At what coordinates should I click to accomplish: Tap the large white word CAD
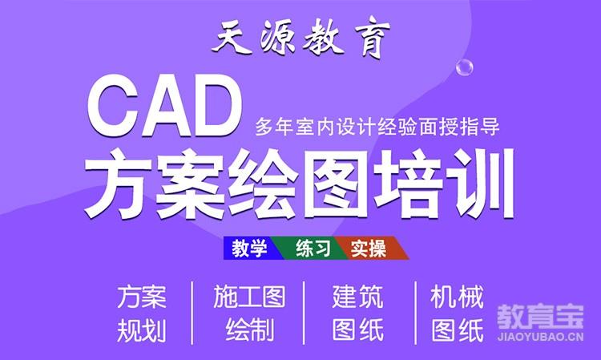point(166,106)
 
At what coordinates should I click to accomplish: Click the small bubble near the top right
point(464,67)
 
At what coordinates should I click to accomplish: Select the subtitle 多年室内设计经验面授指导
point(377,127)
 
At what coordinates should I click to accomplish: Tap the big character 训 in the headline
point(482,184)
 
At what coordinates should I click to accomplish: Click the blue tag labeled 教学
point(249,248)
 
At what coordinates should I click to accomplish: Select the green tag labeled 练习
point(313,248)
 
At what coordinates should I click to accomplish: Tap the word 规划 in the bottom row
point(142,330)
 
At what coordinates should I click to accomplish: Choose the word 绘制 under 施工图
point(250,330)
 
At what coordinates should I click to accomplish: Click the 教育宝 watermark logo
point(540,317)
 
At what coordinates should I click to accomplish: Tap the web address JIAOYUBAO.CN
point(540,337)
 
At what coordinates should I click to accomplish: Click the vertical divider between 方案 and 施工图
point(192,313)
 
